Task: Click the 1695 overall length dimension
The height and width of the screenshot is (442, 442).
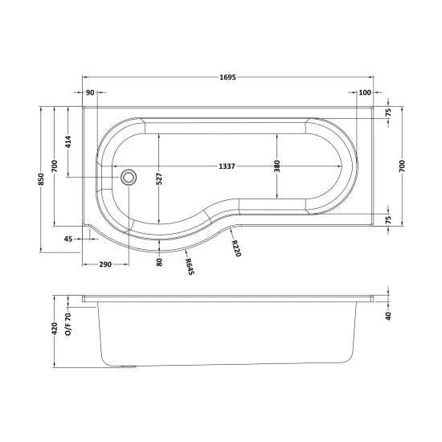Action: pyautogui.click(x=227, y=77)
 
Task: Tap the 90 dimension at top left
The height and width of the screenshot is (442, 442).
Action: pyautogui.click(x=90, y=92)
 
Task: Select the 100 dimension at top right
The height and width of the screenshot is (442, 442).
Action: pyautogui.click(x=365, y=92)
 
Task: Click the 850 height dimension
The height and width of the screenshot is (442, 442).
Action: pyautogui.click(x=42, y=179)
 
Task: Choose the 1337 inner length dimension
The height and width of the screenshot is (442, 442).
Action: pyautogui.click(x=227, y=166)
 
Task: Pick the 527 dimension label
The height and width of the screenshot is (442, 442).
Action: pyautogui.click(x=159, y=178)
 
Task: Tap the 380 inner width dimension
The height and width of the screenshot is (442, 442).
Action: pyautogui.click(x=277, y=166)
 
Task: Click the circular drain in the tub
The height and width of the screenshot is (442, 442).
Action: pyautogui.click(x=129, y=177)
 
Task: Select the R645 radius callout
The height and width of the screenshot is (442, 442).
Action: pyautogui.click(x=190, y=267)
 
